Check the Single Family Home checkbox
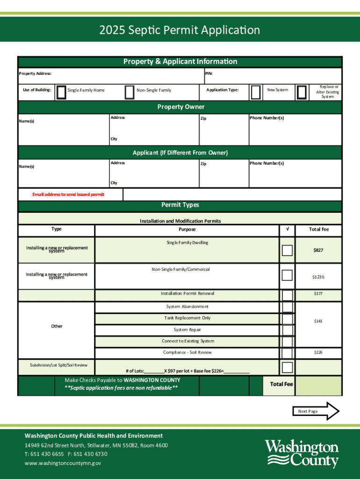pyautogui.click(x=61, y=93)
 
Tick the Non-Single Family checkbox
pyautogui.click(x=130, y=93)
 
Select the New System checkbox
pyautogui.click(x=255, y=93)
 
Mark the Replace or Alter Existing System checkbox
pyautogui.click(x=302, y=92)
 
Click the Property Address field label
pyautogui.click(x=35, y=73)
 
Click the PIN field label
pyautogui.click(x=209, y=73)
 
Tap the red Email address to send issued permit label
pyautogui.click(x=68, y=195)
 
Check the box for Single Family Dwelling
pyautogui.click(x=287, y=250)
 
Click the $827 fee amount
pyautogui.click(x=318, y=250)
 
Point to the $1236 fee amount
pyautogui.click(x=318, y=277)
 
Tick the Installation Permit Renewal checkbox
pyautogui.click(x=287, y=295)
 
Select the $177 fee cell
pyautogui.click(x=318, y=294)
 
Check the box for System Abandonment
pyautogui.click(x=287, y=307)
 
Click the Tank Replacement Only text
pyautogui.click(x=187, y=318)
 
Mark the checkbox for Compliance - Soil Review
pyautogui.click(x=287, y=353)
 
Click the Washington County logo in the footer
pyautogui.click(x=302, y=453)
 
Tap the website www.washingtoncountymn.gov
pyautogui.click(x=63, y=463)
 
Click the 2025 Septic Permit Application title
pyautogui.click(x=180, y=30)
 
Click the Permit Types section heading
pyautogui.click(x=180, y=205)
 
